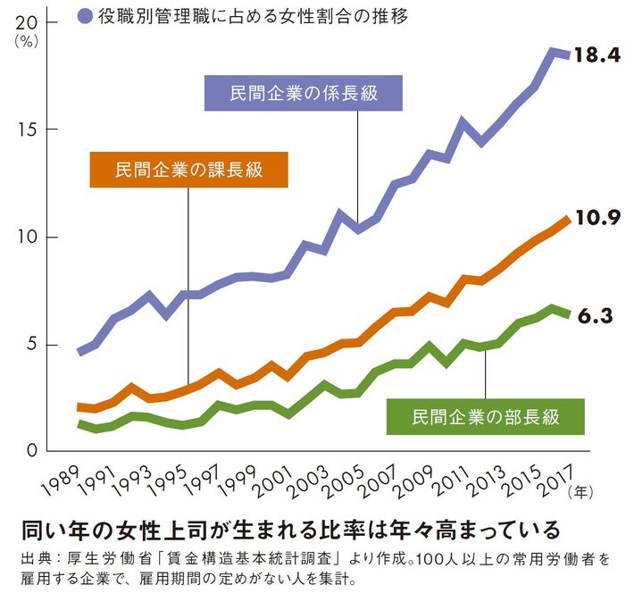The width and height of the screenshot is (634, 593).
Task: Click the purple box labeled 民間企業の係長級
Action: coord(304,93)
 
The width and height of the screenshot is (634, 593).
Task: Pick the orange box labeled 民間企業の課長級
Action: coord(188,169)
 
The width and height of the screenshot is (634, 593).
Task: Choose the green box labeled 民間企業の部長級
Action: coord(485,415)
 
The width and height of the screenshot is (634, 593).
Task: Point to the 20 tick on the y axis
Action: coord(28,21)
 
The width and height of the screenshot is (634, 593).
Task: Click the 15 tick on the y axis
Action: coord(28,129)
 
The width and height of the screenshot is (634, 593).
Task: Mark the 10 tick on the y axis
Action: coord(28,238)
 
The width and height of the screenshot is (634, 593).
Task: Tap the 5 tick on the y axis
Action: coord(32,345)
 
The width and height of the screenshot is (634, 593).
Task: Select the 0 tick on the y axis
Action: coord(32,452)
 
